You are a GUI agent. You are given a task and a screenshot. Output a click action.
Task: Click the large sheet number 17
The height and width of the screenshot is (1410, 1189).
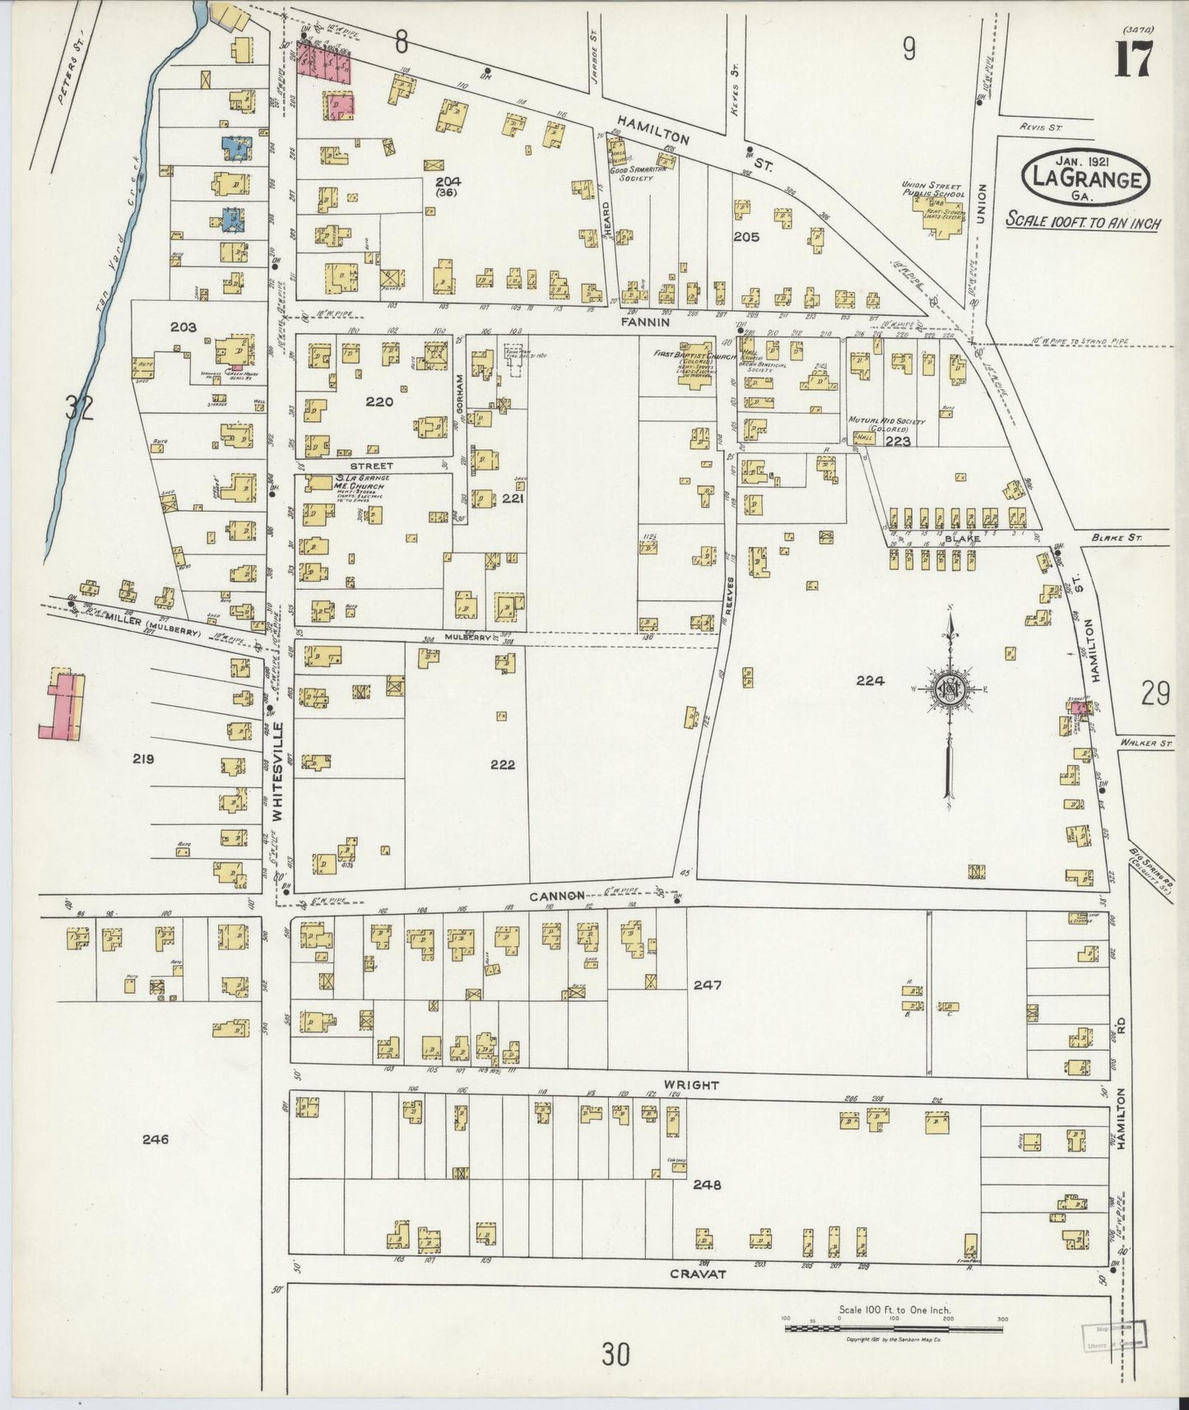pyautogui.click(x=1135, y=59)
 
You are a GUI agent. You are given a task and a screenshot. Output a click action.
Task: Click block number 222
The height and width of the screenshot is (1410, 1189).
pyautogui.click(x=502, y=764)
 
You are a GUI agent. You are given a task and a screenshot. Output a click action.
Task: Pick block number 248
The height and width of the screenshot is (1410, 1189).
pyautogui.click(x=706, y=1185)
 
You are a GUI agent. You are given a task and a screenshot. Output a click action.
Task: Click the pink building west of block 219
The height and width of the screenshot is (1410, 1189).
pyautogui.click(x=61, y=704)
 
